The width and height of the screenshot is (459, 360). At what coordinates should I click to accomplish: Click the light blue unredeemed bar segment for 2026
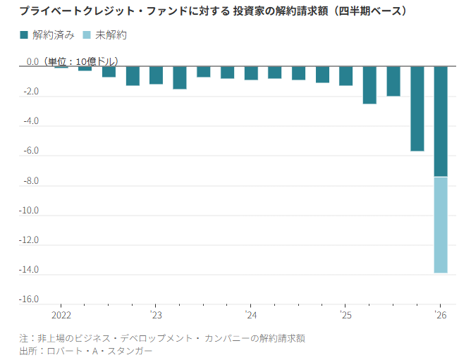tap(441, 224)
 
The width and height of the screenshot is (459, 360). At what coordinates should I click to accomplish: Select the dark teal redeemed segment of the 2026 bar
tap(441, 121)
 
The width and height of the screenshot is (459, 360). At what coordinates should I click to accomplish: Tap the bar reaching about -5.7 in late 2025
tap(417, 108)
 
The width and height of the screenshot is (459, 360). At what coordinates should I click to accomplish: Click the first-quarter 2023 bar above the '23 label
tap(156, 75)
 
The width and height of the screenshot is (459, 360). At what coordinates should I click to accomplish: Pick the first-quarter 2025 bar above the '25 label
tap(345, 75)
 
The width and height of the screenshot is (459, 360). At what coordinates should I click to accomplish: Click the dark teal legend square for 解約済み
tap(24, 35)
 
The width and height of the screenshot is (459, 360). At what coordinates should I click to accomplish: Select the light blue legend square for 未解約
tap(87, 35)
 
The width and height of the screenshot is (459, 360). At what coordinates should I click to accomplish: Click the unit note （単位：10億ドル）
tap(80, 62)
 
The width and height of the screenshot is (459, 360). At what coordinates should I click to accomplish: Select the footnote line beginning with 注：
tap(162, 338)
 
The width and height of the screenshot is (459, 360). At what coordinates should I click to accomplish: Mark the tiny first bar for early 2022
tap(61, 68)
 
